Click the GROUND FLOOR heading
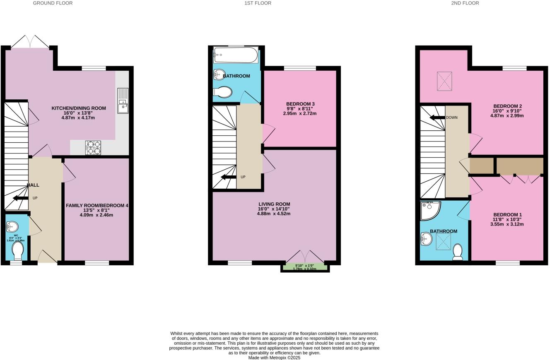click(x=53, y=3)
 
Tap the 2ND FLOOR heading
click(x=465, y=3)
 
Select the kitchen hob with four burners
click(x=93, y=148)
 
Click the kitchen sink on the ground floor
click(x=123, y=101)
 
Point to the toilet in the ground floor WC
click(x=17, y=250)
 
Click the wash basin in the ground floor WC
click(x=12, y=226)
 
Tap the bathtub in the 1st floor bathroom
click(x=235, y=55)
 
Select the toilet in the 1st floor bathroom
click(x=222, y=92)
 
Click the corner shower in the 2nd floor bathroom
click(x=429, y=210)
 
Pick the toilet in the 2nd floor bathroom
click(x=457, y=252)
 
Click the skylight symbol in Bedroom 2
click(x=444, y=81)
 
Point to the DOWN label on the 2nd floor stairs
click(x=451, y=118)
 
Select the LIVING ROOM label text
click(x=274, y=204)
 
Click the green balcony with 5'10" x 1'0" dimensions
click(x=305, y=267)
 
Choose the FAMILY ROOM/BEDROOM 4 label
click(x=97, y=206)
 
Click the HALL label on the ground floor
click(x=33, y=185)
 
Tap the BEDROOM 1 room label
click(x=507, y=215)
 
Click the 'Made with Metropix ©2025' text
click(x=274, y=358)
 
